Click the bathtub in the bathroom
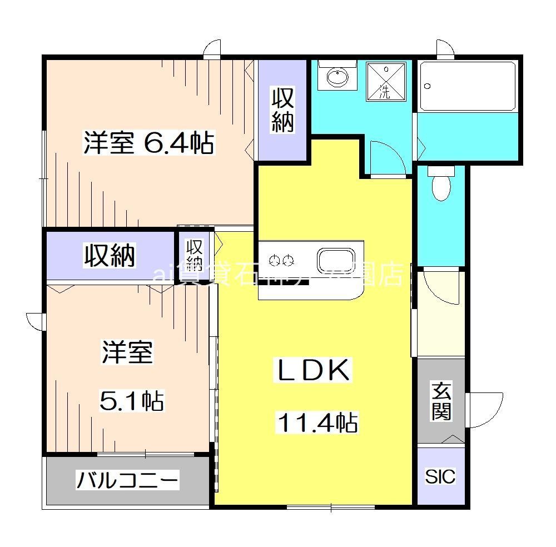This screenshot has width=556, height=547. (x=468, y=86)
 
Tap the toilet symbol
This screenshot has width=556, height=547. (x=441, y=184)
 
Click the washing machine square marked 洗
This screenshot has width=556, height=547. (x=385, y=81)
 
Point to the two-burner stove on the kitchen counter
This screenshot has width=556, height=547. (x=281, y=260)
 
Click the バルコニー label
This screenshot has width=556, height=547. (x=127, y=479)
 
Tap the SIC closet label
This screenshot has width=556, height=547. (x=440, y=476)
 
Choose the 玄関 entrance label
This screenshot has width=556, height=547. (x=441, y=402)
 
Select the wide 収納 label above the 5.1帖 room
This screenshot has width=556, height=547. (x=110, y=256)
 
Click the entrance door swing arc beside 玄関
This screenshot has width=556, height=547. (x=478, y=408)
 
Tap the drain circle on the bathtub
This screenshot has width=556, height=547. (x=428, y=86)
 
